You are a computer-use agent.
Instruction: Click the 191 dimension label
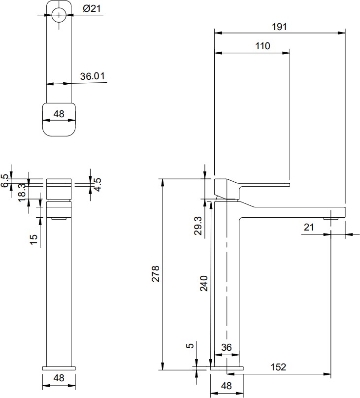click(279, 27)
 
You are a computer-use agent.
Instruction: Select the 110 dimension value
click(262, 46)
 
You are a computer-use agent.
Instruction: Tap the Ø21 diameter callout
click(92, 9)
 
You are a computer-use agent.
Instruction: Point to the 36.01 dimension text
click(93, 76)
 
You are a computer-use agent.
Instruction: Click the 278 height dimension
click(155, 274)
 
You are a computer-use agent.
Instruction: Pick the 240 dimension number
click(204, 283)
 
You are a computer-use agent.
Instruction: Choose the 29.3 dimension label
click(198, 226)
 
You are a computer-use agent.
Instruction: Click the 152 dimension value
click(278, 367)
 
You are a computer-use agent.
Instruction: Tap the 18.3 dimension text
click(22, 192)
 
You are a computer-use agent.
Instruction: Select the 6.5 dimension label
click(4, 181)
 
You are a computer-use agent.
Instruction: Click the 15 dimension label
click(33, 239)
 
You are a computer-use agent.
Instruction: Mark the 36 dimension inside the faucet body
click(227, 347)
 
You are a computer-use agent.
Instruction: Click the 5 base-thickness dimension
click(190, 346)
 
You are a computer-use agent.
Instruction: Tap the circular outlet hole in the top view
click(59, 15)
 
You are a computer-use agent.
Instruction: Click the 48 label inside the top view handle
click(59, 114)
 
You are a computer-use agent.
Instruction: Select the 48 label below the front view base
click(59, 378)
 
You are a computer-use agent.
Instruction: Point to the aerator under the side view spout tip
click(331, 218)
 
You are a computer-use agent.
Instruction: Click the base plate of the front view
click(59, 368)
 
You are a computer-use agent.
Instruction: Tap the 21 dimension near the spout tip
click(309, 227)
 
